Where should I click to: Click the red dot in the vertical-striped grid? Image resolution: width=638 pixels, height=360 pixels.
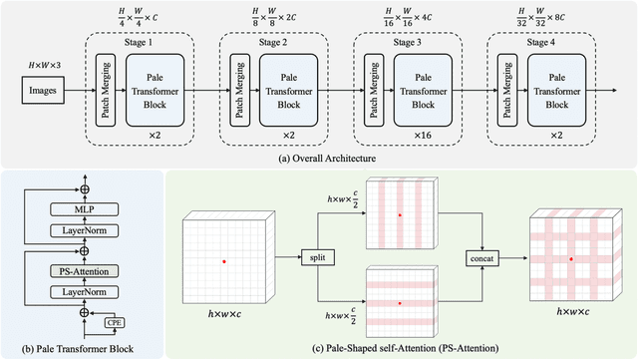coord(401,214)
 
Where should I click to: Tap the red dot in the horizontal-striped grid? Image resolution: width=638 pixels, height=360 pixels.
coord(401,304)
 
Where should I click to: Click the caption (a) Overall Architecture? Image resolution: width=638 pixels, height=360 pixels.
coord(319,157)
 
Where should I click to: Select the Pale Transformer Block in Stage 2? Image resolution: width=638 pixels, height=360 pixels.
coord(289,89)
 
